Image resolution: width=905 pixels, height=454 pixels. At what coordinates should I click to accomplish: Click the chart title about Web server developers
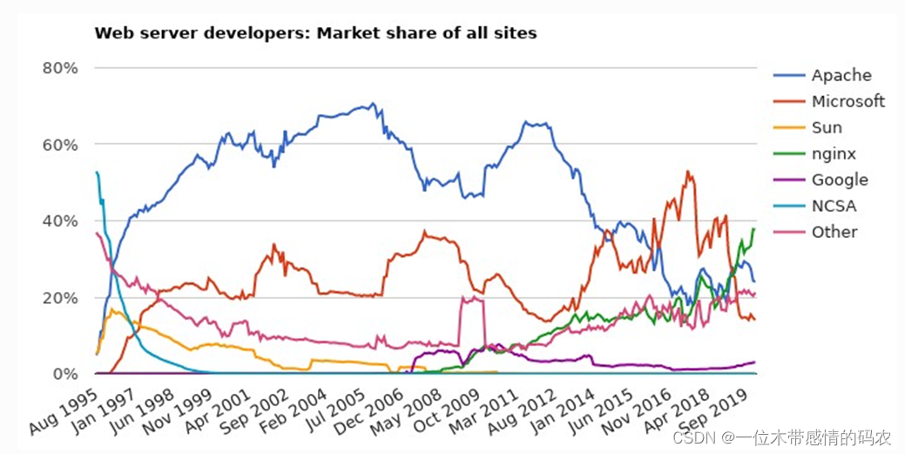click(x=315, y=34)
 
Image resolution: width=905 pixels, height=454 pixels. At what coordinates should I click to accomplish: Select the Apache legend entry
click(x=841, y=76)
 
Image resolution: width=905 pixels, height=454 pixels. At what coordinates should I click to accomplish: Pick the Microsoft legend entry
click(x=848, y=102)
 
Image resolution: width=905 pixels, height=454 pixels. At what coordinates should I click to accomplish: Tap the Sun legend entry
click(x=827, y=128)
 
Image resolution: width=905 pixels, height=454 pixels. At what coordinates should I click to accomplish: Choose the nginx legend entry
click(x=834, y=154)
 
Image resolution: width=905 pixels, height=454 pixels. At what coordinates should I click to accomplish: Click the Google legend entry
click(x=840, y=180)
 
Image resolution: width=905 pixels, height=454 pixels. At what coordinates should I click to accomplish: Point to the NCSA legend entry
click(x=834, y=207)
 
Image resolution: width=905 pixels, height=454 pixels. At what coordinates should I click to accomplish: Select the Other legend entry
click(x=834, y=233)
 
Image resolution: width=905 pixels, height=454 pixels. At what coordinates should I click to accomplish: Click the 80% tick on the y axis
click(x=60, y=68)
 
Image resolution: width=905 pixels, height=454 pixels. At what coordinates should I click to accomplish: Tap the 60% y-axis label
click(x=60, y=145)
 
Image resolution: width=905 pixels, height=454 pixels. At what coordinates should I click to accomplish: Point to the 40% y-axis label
click(x=60, y=221)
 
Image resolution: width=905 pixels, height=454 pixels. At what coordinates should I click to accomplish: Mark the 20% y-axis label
click(x=60, y=298)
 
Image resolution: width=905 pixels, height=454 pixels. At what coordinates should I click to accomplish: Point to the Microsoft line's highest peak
click(x=689, y=172)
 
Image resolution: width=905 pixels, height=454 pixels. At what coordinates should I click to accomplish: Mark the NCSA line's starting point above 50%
click(x=96, y=173)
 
